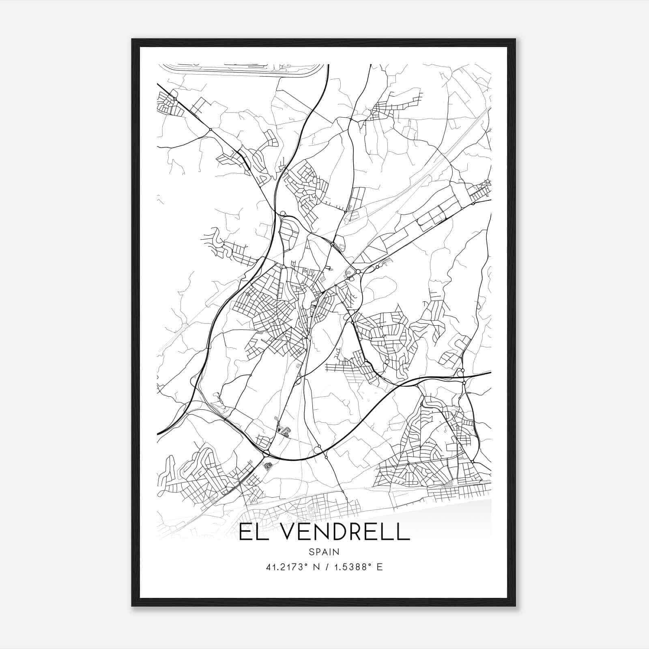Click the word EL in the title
click(250, 532)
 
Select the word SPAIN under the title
click(324, 552)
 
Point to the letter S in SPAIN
click(311, 552)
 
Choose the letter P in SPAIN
click(318, 552)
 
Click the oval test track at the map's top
click(243, 70)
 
